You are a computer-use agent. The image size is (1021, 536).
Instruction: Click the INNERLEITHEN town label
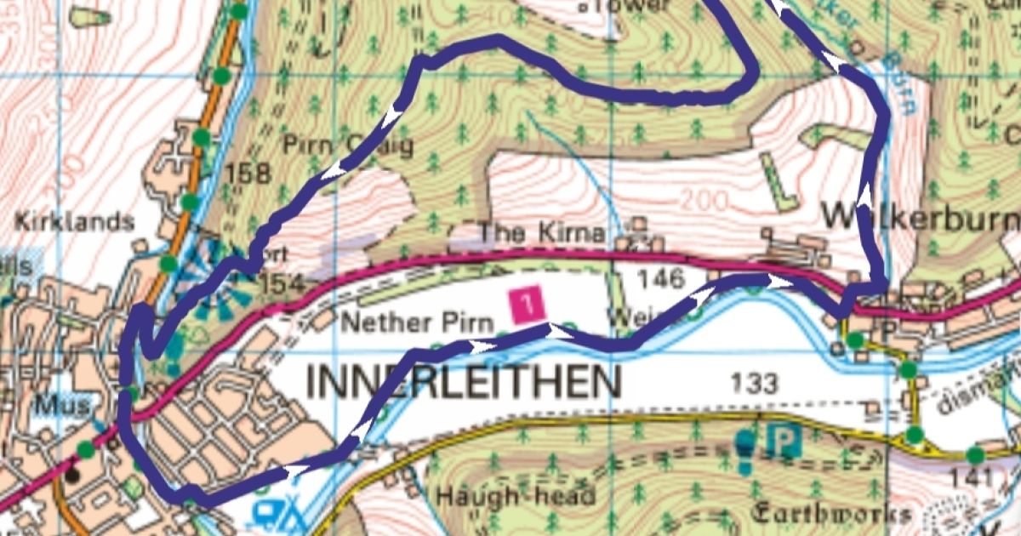click(x=464, y=383)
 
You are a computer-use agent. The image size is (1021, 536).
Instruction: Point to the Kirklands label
click(x=75, y=223)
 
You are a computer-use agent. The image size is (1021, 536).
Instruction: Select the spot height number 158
click(x=248, y=174)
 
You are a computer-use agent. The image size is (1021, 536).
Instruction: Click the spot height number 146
click(x=659, y=277)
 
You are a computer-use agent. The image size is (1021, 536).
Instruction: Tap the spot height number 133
click(x=753, y=384)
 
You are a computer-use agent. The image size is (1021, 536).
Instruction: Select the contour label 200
click(x=704, y=202)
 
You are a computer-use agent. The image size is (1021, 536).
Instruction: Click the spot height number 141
click(x=970, y=478)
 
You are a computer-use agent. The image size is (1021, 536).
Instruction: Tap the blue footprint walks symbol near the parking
click(x=744, y=450)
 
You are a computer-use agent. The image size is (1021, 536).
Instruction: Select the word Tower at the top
click(x=635, y=5)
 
